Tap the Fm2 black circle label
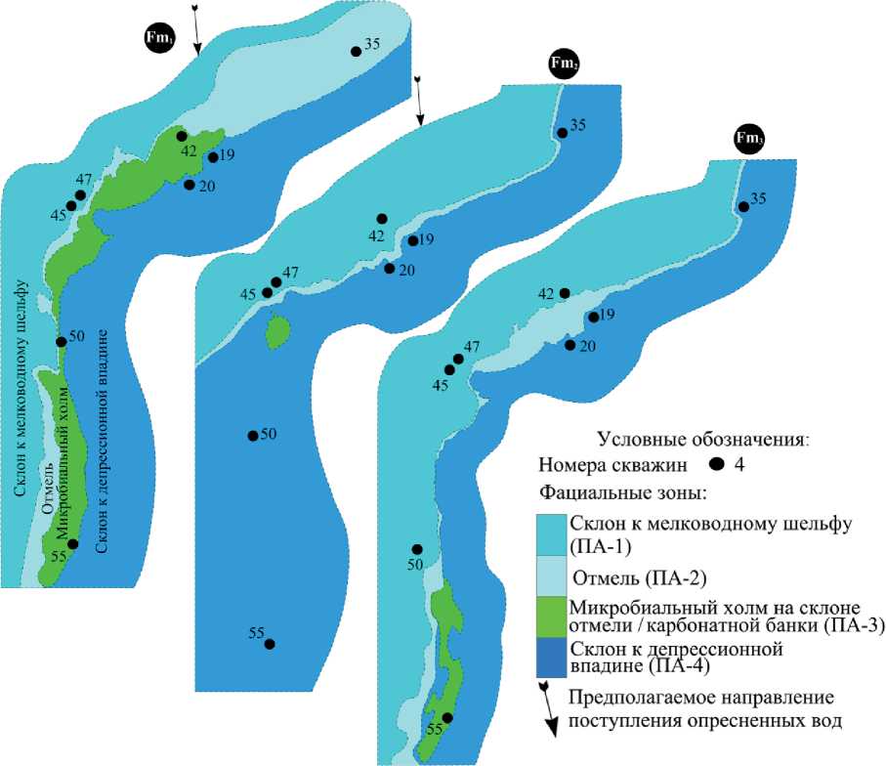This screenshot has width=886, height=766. tap(564, 64)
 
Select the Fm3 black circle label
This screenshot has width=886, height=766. tap(749, 140)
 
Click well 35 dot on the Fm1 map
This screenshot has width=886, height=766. tap(356, 51)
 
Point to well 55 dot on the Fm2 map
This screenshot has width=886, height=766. tap(270, 644)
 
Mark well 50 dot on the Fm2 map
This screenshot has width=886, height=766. tap(253, 435)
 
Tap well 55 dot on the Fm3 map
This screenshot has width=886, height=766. tap(447, 718)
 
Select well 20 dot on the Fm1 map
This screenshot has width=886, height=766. tap(190, 185)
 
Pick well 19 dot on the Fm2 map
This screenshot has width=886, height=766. tap(412, 240)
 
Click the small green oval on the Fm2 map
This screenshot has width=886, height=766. tap(278, 332)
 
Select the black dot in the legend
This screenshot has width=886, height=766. tap(716, 463)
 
